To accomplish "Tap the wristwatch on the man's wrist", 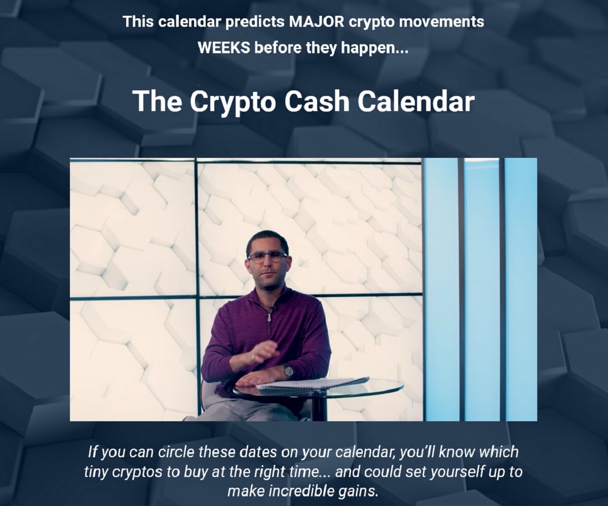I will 288,371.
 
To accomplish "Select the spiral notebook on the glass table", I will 314,383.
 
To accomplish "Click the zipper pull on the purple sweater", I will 270,317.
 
